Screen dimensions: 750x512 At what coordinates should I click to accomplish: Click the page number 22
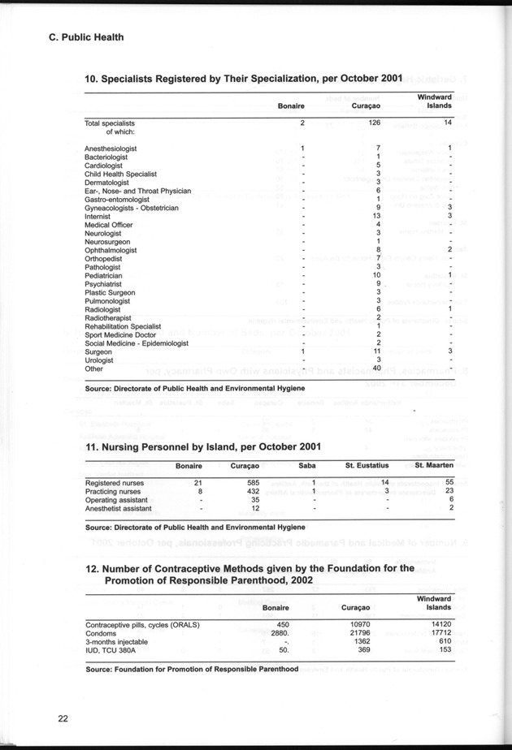tap(62, 718)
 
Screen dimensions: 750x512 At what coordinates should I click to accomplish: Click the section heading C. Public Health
tap(80, 37)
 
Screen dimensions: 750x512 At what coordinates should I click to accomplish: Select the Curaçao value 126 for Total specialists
tap(374, 123)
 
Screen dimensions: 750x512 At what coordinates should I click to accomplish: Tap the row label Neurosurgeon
tap(109, 242)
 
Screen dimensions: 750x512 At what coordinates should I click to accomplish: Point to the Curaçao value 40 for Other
tap(375, 369)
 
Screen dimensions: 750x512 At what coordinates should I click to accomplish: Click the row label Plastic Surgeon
tap(110, 292)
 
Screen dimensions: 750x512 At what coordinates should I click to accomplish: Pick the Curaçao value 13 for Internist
tap(376, 217)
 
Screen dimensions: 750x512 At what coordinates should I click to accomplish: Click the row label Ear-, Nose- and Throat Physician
tap(137, 192)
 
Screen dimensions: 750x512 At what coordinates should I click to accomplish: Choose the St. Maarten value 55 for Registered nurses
tap(448, 483)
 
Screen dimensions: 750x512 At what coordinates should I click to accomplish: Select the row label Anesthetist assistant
tap(118, 509)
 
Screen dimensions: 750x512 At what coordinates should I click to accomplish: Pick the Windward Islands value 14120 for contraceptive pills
tap(439, 624)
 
